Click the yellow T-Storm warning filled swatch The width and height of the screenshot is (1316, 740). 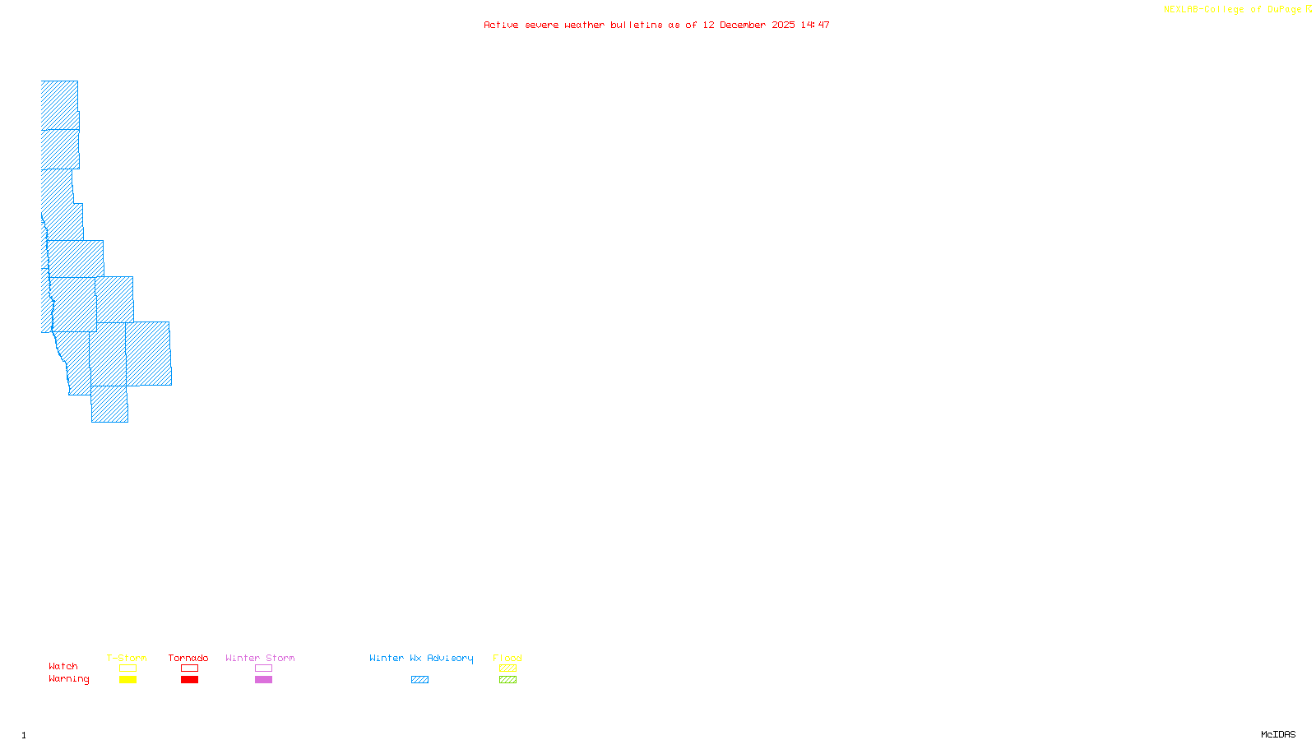pyautogui.click(x=127, y=680)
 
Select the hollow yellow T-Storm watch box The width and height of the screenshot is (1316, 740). pyautogui.click(x=127, y=668)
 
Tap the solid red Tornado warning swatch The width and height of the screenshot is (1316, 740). pyautogui.click(x=189, y=680)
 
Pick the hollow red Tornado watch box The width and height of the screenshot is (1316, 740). pyautogui.click(x=189, y=668)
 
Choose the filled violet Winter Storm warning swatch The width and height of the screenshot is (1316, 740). pyautogui.click(x=263, y=680)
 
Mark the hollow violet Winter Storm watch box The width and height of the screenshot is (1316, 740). pyautogui.click(x=263, y=668)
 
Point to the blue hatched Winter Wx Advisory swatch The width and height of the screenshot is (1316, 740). pyautogui.click(x=419, y=680)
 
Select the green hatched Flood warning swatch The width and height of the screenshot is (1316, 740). pyautogui.click(x=507, y=680)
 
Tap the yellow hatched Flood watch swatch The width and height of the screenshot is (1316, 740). pyautogui.click(x=507, y=668)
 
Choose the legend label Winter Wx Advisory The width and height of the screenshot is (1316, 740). pyautogui.click(x=421, y=658)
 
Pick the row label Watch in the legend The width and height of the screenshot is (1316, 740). pyautogui.click(x=63, y=666)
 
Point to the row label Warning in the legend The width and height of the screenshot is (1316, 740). pyautogui.click(x=68, y=679)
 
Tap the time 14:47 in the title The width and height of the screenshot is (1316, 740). pyautogui.click(x=815, y=25)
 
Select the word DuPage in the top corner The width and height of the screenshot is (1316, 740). pyautogui.click(x=1284, y=10)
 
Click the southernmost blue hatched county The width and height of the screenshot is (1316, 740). pyautogui.click(x=109, y=404)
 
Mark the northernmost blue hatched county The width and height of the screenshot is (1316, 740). pyautogui.click(x=59, y=104)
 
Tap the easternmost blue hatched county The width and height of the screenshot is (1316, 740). pyautogui.click(x=149, y=354)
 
